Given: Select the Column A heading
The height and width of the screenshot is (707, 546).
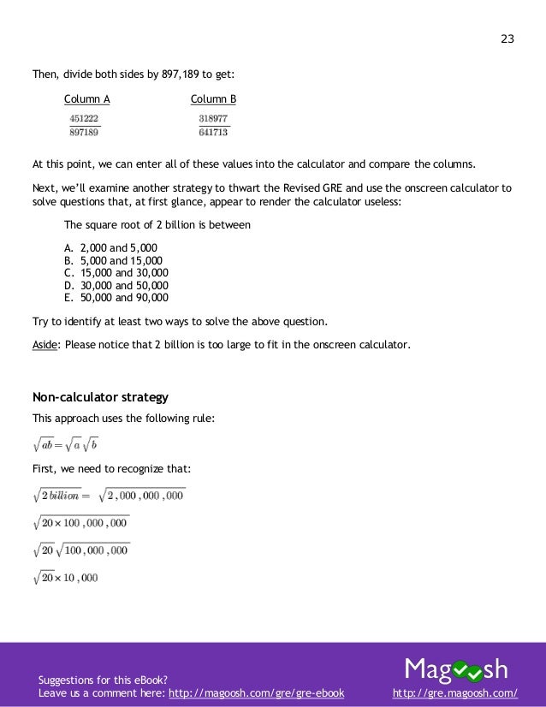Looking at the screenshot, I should tap(87, 99).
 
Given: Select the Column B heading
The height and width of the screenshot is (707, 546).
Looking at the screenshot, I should tap(213, 99).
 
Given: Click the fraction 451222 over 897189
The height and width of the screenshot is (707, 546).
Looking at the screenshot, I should tap(84, 126).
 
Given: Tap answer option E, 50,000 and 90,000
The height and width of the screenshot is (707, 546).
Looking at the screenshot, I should tap(118, 299).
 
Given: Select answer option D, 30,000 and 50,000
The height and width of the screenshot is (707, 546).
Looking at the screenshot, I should tap(118, 286).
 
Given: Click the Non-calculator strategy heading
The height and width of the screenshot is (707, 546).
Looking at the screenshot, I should tap(100, 397).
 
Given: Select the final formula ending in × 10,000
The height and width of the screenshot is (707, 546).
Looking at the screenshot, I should tap(66, 577).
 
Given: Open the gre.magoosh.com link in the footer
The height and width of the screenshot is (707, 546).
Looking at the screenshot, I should tap(454, 690).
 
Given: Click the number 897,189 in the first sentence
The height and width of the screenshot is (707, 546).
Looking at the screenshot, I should tap(181, 74).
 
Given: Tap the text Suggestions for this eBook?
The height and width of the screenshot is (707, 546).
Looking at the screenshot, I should tap(96, 679).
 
